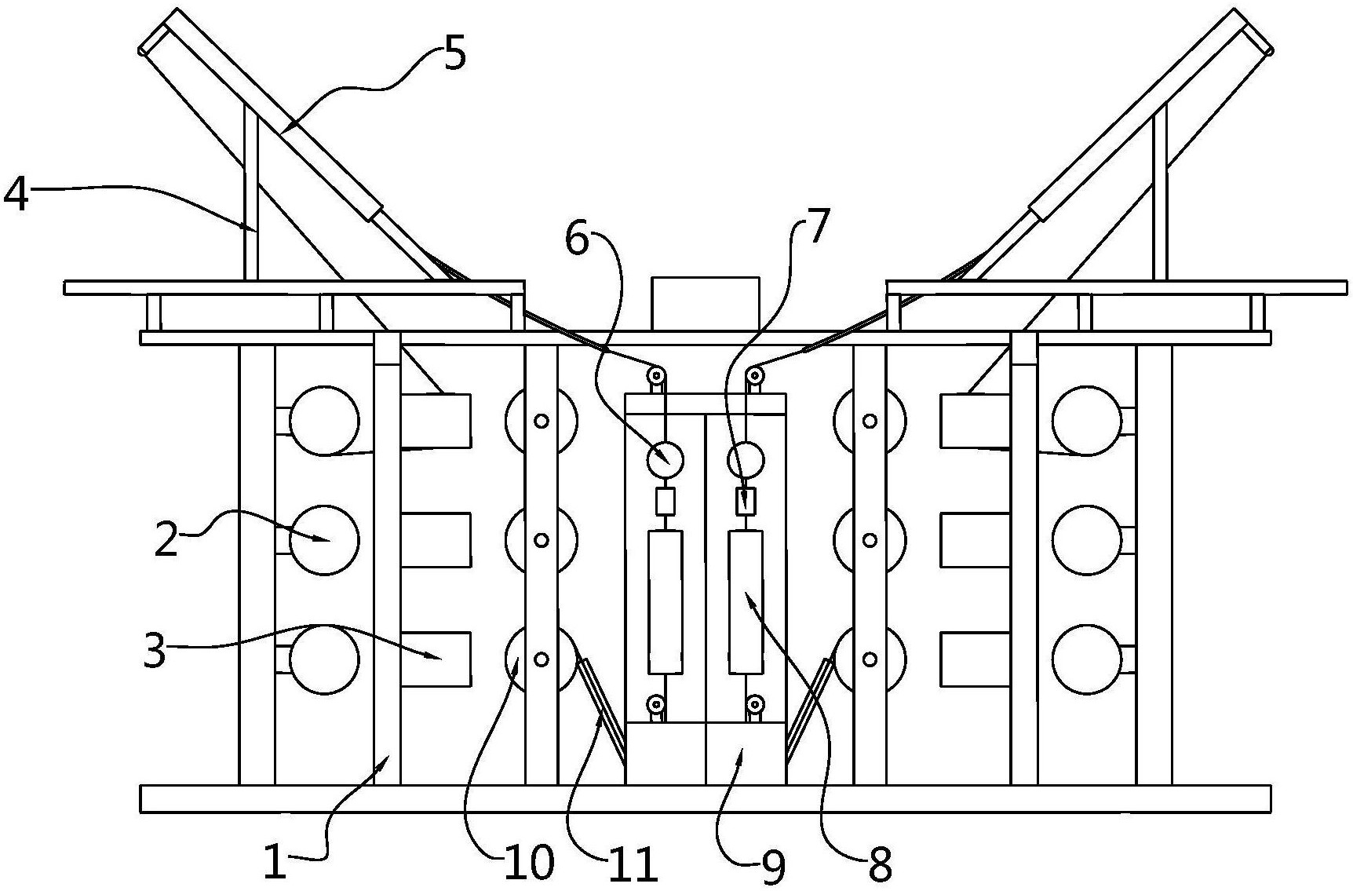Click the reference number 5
(x=454, y=54)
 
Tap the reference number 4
(x=16, y=194)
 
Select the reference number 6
(x=577, y=239)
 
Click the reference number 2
(x=166, y=540)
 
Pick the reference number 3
(x=155, y=650)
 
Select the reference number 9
(x=773, y=867)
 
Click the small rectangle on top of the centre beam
(x=705, y=303)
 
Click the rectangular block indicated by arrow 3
(x=436, y=659)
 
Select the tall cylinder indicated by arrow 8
(x=746, y=601)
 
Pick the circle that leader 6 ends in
(x=665, y=458)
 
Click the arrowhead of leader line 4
(x=253, y=227)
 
